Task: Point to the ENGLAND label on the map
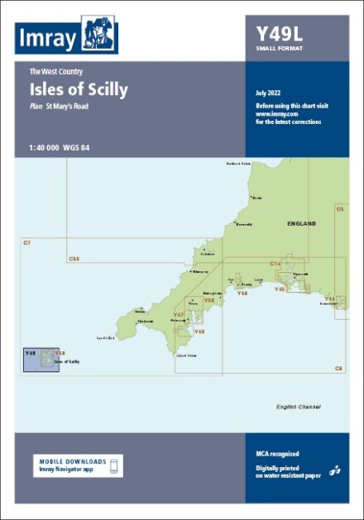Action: click(301, 224)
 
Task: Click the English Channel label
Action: click(299, 407)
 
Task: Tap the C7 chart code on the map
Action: click(27, 241)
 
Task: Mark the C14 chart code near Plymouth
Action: click(276, 263)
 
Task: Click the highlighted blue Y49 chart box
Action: click(40, 360)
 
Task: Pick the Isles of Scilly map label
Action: click(66, 362)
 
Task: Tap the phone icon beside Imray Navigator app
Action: click(116, 465)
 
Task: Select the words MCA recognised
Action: click(278, 454)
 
